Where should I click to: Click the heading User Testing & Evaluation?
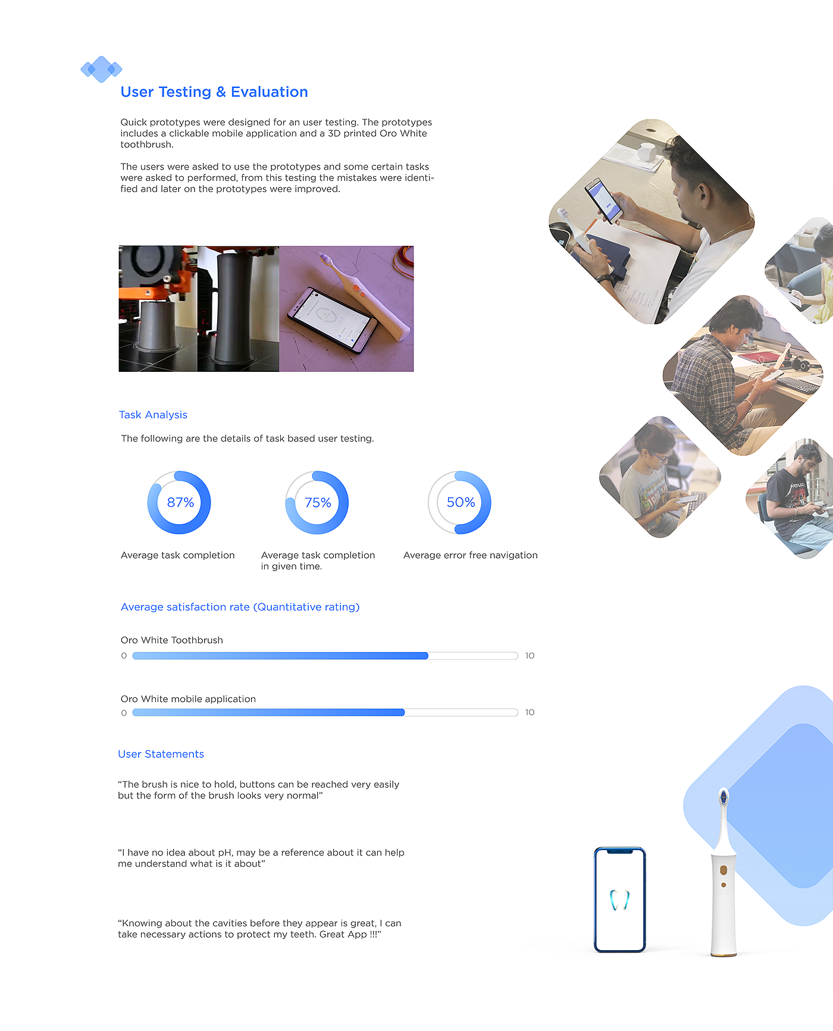tap(214, 92)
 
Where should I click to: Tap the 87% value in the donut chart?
tap(180, 503)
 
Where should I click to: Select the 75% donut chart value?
tap(318, 503)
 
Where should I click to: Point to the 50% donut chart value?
tap(461, 503)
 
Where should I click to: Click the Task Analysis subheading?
tap(153, 415)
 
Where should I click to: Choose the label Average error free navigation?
tap(470, 555)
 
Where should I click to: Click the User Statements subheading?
tap(161, 754)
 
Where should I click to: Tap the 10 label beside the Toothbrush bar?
tap(530, 656)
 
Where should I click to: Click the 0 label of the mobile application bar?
tap(124, 713)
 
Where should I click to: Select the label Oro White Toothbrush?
tap(172, 640)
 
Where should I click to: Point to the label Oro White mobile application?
tap(188, 699)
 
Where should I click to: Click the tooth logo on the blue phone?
tap(619, 900)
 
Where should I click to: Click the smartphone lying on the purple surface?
tap(332, 319)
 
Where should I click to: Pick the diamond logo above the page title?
tap(101, 69)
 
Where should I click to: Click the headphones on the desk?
tap(800, 363)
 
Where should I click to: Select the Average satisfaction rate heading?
tap(240, 607)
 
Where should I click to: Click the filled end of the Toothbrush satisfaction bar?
tap(427, 656)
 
